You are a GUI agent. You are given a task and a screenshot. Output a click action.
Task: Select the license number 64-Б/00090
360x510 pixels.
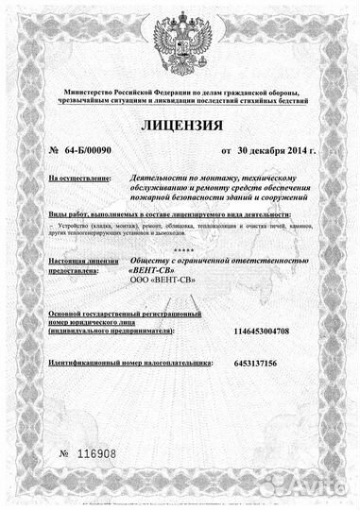[x=86, y=150]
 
